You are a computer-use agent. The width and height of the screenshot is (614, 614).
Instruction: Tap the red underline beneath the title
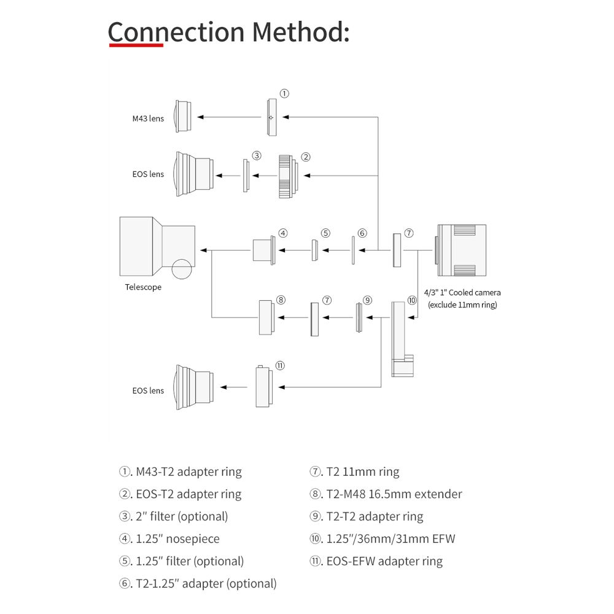click(x=136, y=45)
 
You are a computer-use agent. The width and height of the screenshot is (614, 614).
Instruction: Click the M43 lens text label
click(x=148, y=119)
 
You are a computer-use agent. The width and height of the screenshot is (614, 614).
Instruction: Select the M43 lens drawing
click(x=182, y=116)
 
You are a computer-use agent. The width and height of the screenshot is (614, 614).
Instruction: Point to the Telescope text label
click(x=143, y=287)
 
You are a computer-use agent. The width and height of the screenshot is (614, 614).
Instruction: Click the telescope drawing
click(x=157, y=247)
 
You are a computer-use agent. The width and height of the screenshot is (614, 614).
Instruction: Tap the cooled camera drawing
click(x=461, y=250)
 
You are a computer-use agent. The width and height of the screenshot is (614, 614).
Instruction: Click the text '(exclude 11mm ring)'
click(x=462, y=305)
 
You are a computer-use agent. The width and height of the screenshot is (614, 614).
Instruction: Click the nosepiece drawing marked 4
click(x=263, y=250)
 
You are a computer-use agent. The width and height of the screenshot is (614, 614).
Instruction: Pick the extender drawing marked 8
click(x=266, y=317)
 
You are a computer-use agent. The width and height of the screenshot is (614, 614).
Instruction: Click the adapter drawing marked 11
click(x=263, y=386)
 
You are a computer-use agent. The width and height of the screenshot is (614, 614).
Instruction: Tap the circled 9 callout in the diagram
click(x=367, y=300)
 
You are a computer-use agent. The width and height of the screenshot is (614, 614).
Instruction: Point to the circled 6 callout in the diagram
click(x=362, y=233)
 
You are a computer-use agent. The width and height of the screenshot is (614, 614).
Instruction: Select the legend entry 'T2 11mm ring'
click(x=354, y=472)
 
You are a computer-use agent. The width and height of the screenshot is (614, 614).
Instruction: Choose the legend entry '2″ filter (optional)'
click(x=173, y=516)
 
